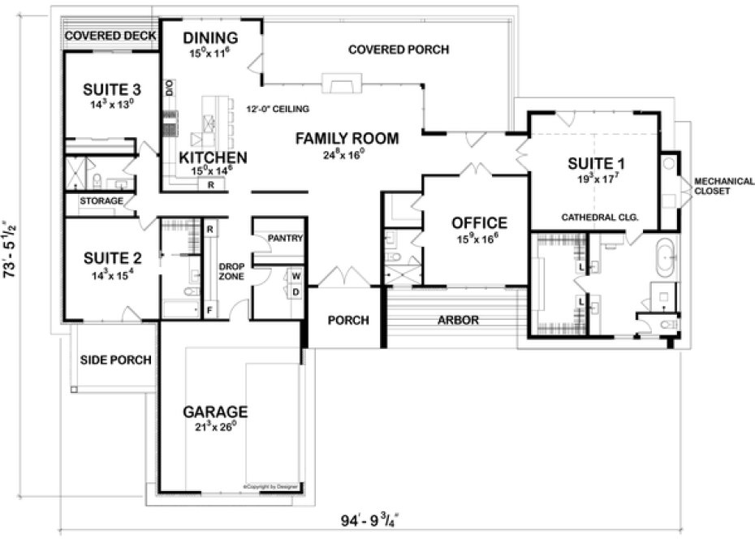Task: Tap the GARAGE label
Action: click(x=215, y=412)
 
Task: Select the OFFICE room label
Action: click(x=479, y=222)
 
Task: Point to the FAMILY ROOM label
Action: click(x=347, y=139)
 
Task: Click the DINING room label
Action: click(x=209, y=38)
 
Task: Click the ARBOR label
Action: click(x=459, y=320)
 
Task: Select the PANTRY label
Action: click(x=285, y=239)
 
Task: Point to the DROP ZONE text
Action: click(x=233, y=271)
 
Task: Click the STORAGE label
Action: click(x=101, y=201)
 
